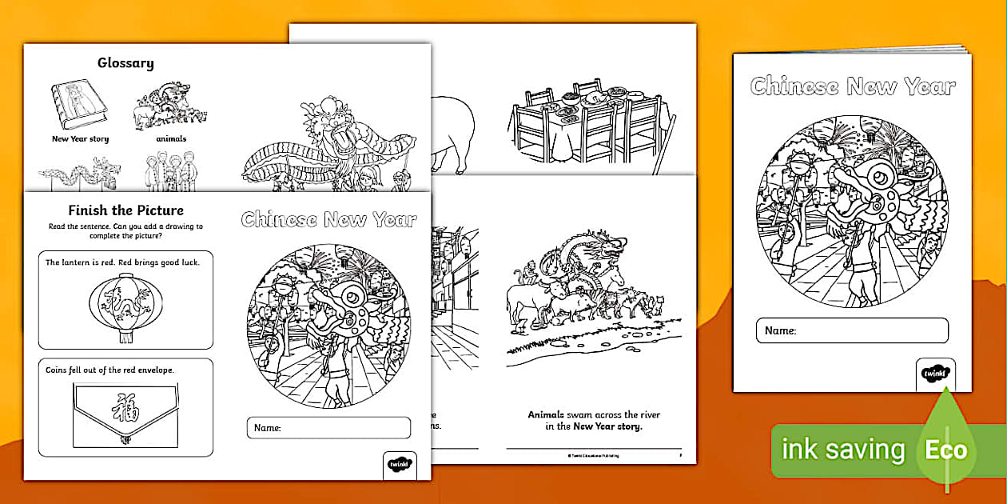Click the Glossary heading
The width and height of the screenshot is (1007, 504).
[x=125, y=63]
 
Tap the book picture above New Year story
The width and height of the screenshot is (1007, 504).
[x=79, y=104]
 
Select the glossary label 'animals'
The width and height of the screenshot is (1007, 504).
[x=171, y=138]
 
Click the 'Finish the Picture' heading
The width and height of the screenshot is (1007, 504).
[x=125, y=211]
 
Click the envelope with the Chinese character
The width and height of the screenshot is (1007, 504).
[x=124, y=411]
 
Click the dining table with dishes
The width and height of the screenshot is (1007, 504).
[x=587, y=120]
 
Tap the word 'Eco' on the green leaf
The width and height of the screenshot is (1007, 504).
[x=946, y=450]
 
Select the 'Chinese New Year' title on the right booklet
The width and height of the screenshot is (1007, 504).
[x=852, y=86]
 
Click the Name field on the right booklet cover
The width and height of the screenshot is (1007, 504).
[x=852, y=330]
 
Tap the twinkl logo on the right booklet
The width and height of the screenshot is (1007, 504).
[x=935, y=373]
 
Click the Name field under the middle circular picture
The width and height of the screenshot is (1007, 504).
[x=328, y=428]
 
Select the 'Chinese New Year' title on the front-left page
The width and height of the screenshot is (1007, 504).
[x=328, y=220]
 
